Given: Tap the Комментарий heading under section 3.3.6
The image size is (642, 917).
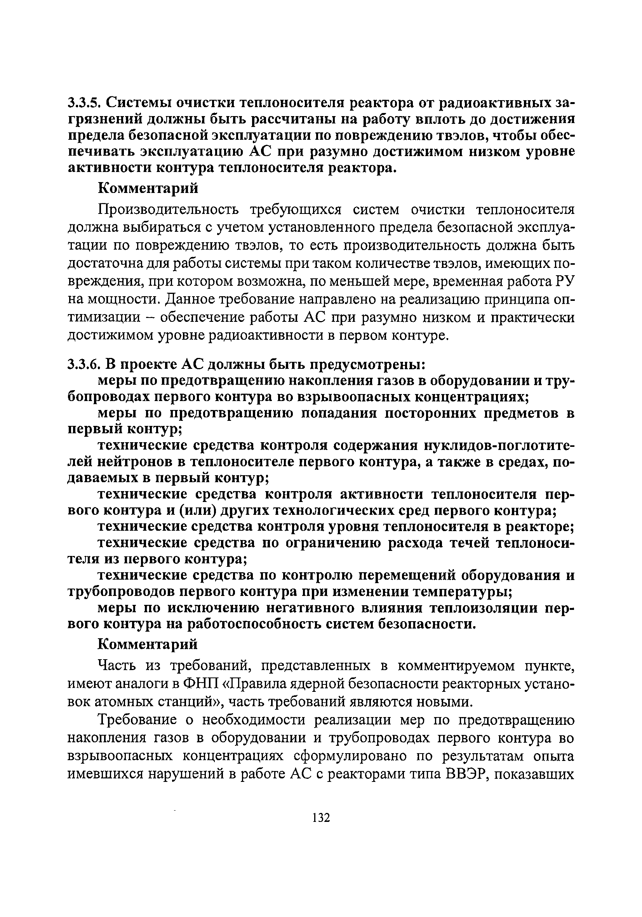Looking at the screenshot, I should tap(148, 644).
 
